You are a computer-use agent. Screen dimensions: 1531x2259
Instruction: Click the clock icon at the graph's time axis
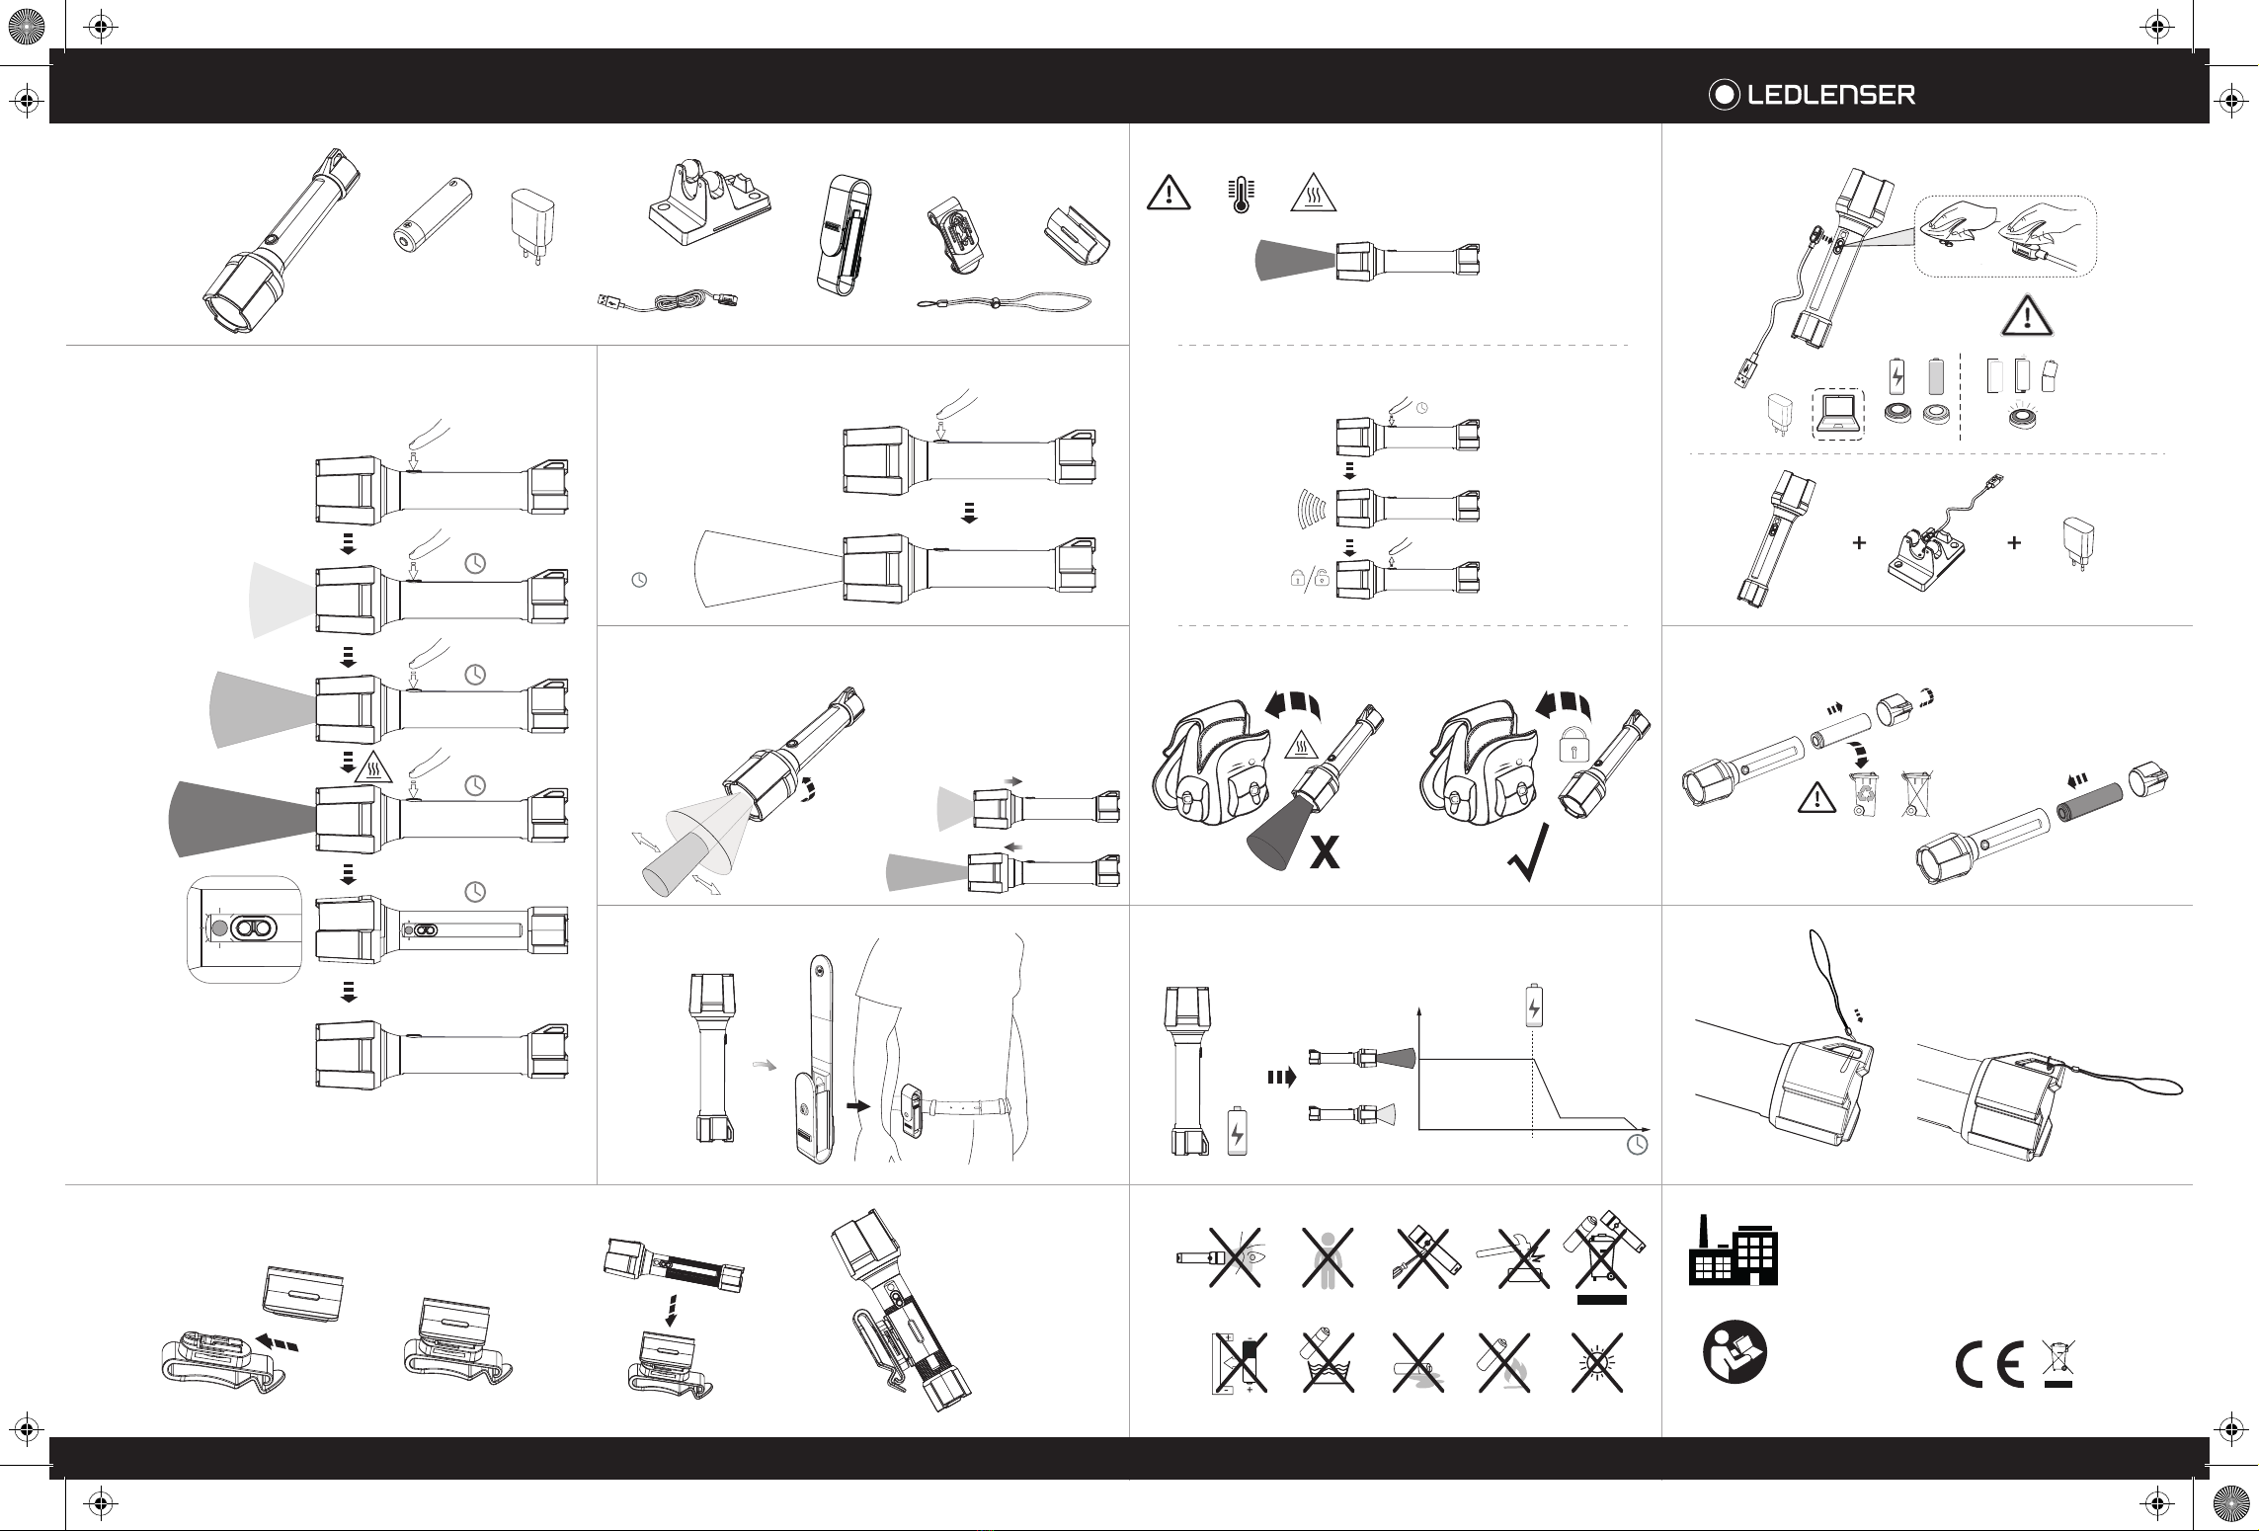point(1637,1145)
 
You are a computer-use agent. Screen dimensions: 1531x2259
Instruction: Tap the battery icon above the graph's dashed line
point(1533,1005)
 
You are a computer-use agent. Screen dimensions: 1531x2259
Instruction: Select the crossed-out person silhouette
point(1327,1257)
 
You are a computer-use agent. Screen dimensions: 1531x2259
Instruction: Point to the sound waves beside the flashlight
point(1310,508)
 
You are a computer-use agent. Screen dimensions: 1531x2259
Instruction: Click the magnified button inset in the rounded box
point(243,928)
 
